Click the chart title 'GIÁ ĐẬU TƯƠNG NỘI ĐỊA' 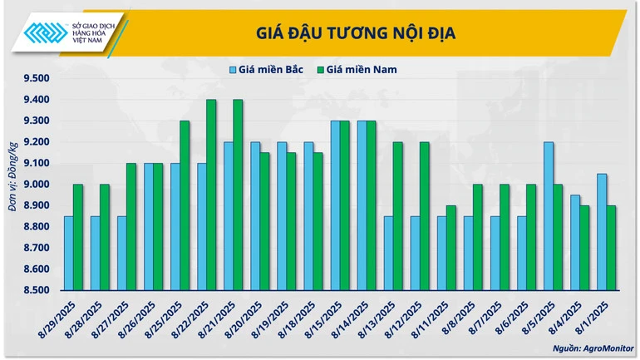(x=355, y=32)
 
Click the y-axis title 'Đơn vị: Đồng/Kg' (x=12, y=185)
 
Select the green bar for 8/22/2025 (x=211, y=195)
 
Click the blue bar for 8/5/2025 (x=548, y=216)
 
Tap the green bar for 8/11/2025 (x=450, y=248)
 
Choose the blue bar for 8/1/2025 (x=601, y=232)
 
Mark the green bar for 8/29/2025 (x=78, y=237)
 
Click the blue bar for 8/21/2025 (x=228, y=216)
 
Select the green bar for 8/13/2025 (x=397, y=216)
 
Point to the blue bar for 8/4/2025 (x=574, y=242)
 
